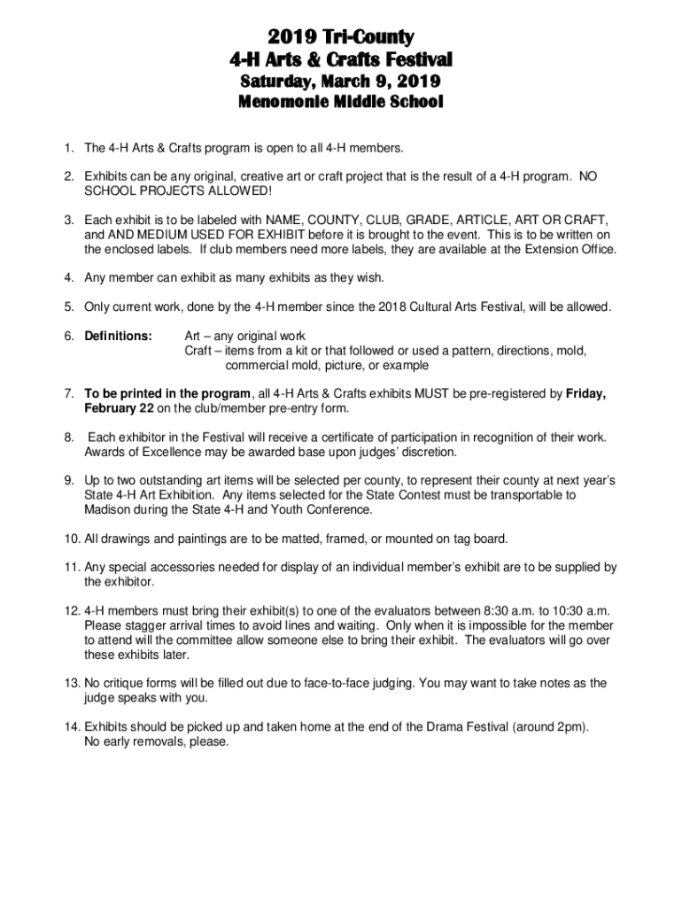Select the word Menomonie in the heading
click(282, 103)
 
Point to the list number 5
click(67, 306)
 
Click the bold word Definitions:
click(119, 336)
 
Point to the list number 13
click(71, 683)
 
